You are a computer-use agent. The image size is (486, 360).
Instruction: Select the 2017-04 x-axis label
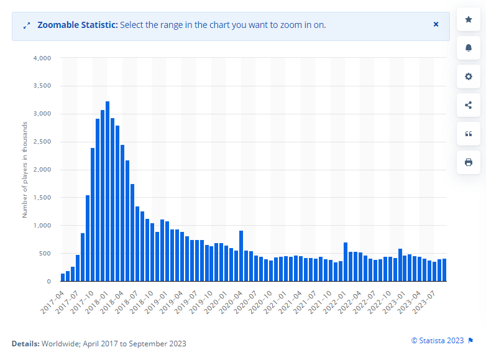53,296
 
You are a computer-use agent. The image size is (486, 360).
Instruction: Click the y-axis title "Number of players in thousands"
25,170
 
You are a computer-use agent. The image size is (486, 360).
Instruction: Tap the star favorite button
469,19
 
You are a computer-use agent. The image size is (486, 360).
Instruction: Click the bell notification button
469,48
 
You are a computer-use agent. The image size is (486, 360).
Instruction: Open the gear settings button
469,76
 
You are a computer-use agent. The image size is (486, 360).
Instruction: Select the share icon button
469,105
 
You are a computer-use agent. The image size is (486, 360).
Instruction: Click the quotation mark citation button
469,134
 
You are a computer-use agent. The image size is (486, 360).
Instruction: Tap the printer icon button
469,162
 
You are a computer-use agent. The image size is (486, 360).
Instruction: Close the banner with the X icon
436,24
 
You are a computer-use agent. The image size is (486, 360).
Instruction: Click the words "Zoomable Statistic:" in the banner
77,25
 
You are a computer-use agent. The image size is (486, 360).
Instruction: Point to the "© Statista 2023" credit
438,340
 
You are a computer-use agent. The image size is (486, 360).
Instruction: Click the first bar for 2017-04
63,277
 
